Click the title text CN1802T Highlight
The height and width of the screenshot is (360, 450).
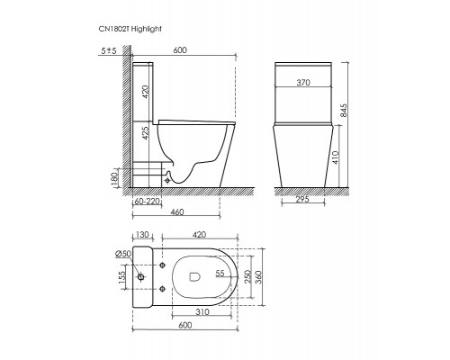point(130,29)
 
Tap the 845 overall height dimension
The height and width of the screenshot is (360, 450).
point(344,111)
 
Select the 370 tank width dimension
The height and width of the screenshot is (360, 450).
point(303,83)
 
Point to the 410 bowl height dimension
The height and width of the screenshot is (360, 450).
point(336,157)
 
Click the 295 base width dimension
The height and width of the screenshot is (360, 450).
point(302,199)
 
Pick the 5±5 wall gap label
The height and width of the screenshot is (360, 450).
point(109,51)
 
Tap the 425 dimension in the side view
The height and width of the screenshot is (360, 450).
point(145,133)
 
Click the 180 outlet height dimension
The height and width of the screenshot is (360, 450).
point(115,179)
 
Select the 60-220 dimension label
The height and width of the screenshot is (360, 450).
point(147,202)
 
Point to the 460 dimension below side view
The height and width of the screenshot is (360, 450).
point(177,212)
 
